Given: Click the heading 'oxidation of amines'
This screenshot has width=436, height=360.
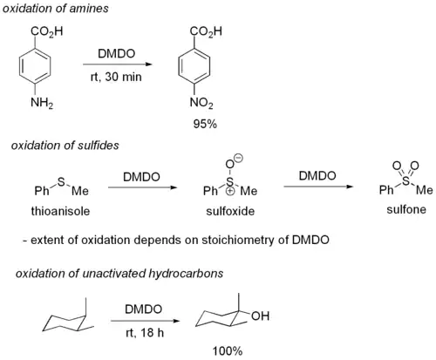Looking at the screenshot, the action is tap(56, 8).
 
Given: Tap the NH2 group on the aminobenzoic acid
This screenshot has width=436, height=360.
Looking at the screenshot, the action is tap(42, 103).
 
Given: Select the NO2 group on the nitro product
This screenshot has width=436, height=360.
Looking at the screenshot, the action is tap(201, 103).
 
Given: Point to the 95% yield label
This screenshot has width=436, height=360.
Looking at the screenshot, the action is tap(205, 124).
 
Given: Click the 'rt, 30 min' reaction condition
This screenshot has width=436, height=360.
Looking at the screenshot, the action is tap(116, 77).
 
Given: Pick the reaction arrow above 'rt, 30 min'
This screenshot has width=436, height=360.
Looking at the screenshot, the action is tap(118, 65).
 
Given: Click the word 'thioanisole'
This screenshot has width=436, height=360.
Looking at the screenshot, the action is tap(60, 211).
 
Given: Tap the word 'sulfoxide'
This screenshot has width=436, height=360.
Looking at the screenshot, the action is tap(230, 211).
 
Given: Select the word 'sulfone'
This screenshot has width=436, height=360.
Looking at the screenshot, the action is tap(406, 209).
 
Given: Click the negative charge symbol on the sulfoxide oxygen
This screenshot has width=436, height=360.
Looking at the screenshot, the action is tap(239, 158).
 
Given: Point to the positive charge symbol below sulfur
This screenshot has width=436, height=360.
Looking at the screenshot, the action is tap(230, 192).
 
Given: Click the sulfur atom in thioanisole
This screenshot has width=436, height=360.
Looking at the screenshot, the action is tap(61, 182).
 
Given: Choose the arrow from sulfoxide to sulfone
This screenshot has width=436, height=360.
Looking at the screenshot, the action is tap(318, 187).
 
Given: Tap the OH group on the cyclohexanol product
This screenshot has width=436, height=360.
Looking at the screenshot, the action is tap(261, 316).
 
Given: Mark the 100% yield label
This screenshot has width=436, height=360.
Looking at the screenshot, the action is tap(228, 351).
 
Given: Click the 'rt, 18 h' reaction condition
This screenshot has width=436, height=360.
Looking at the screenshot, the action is tap(145, 333).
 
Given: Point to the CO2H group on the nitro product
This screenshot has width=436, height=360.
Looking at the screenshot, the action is tap(206, 31).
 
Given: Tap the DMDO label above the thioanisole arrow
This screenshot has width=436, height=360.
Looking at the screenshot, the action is tap(141, 177).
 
